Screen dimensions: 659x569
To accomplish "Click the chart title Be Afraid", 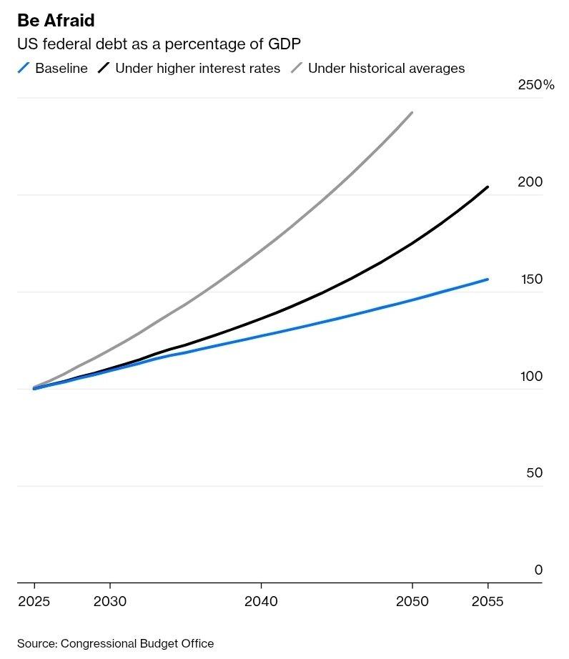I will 56,20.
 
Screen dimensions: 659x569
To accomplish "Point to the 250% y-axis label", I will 535,85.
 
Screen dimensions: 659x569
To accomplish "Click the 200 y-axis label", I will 530,182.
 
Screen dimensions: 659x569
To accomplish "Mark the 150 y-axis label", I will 530,279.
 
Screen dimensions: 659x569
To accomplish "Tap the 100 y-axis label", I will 530,377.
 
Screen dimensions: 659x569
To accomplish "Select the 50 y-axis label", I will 534,473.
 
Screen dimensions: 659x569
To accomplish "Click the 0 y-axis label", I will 538,570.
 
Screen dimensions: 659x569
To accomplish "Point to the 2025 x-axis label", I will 34,601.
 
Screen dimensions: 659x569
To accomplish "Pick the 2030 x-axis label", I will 110,601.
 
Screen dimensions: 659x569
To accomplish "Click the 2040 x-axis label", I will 261,601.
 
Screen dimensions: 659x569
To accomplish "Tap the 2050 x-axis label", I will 412,601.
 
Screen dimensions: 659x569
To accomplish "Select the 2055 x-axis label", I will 487,601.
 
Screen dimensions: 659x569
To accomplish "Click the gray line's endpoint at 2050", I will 412,113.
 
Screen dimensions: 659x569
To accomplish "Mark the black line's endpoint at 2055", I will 488,187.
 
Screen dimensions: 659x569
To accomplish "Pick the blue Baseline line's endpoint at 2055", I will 488,279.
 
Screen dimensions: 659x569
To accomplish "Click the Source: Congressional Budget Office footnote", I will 115,643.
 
